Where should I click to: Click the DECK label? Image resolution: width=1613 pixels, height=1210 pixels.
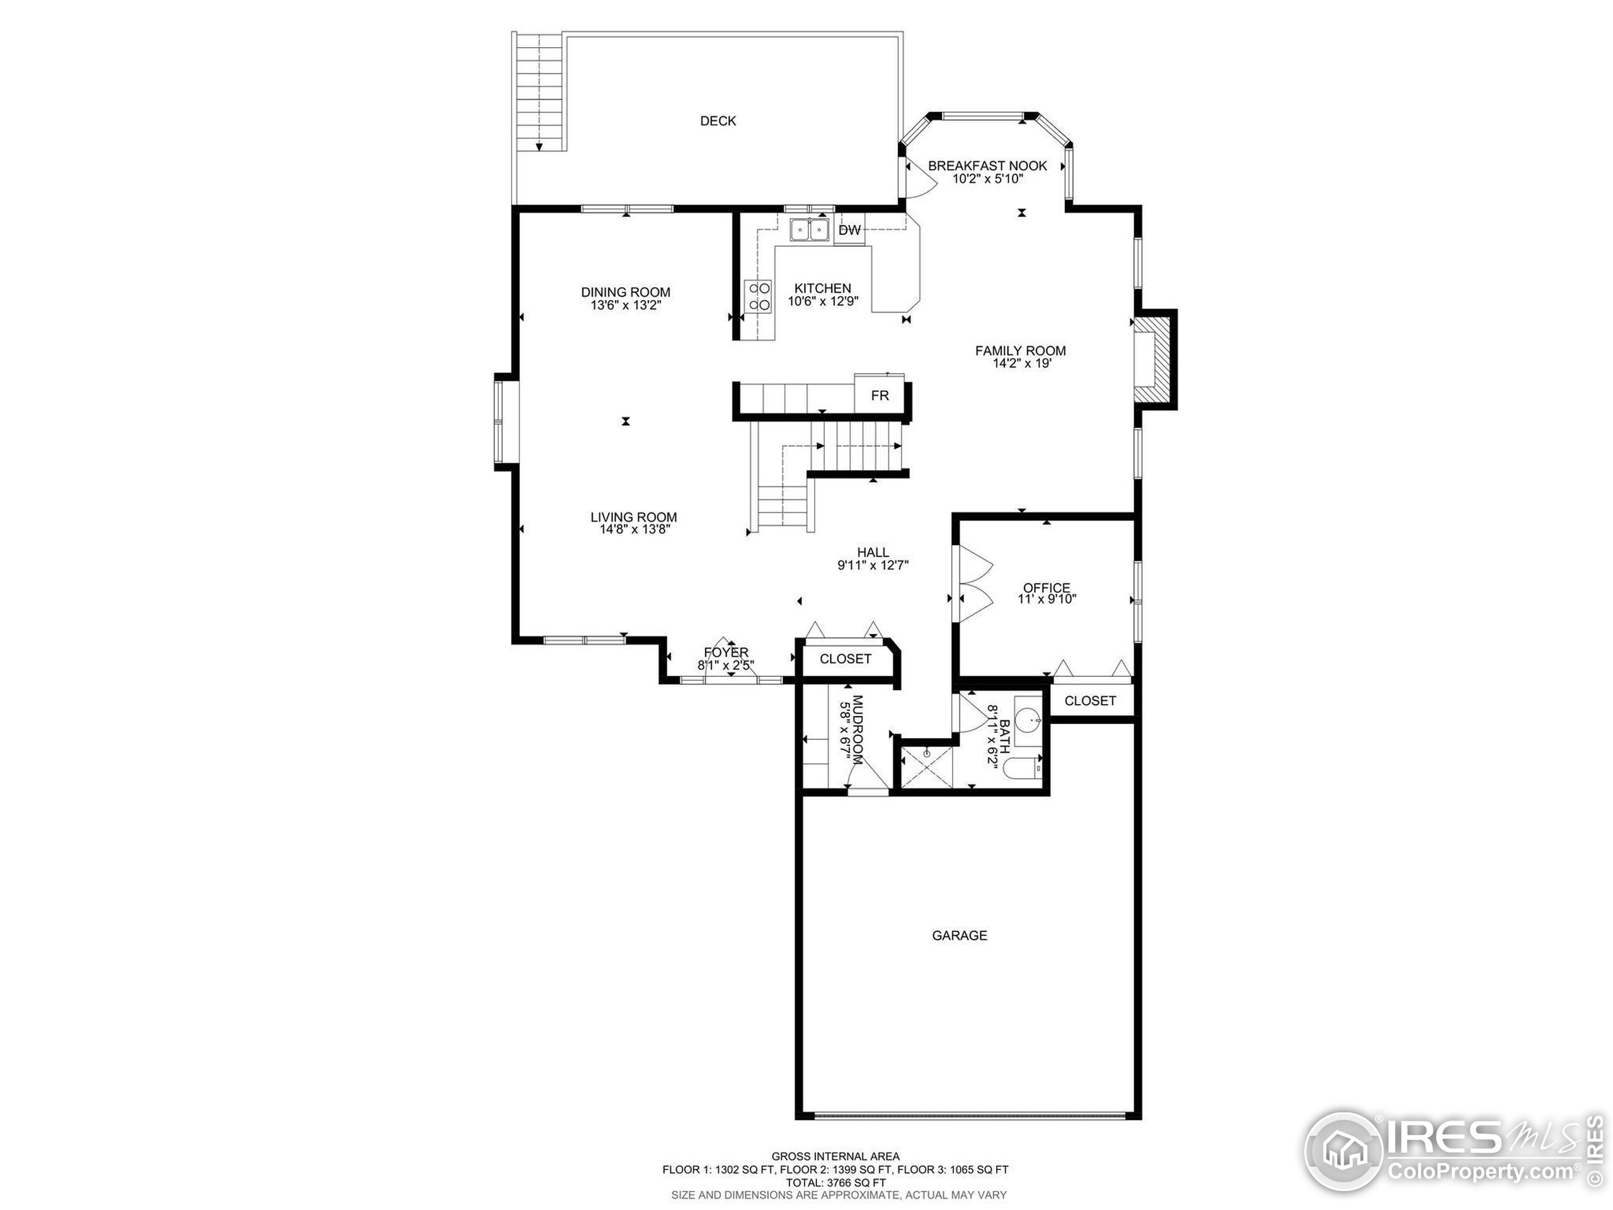coord(718,121)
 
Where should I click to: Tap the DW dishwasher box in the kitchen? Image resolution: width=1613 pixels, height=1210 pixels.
coord(849,231)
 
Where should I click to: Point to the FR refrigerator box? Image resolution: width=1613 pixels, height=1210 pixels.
coord(880,395)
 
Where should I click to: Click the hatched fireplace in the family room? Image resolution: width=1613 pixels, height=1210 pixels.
coord(1154,359)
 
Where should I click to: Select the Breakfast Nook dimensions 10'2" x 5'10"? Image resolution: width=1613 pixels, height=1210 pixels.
coord(987,179)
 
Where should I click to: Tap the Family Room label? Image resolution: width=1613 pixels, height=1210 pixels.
coord(1020,351)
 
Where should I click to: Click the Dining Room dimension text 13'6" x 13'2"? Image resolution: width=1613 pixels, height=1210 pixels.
coord(626,306)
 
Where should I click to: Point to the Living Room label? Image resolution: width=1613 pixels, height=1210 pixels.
coord(634,517)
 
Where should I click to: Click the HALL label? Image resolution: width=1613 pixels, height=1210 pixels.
coord(873,553)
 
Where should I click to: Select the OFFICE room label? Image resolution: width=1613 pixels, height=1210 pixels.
coord(1047,588)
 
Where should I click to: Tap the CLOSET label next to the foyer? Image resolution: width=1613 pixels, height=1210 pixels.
coord(845,659)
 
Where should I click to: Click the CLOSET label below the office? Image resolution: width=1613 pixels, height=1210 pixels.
coord(1089,701)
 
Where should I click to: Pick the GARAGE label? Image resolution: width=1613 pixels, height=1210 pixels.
coord(959,935)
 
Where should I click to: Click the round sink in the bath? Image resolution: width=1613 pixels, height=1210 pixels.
coord(1028,719)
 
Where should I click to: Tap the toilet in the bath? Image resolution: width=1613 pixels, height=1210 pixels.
coord(1021,768)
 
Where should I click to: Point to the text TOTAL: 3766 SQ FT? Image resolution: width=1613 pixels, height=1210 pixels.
coord(835,1182)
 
